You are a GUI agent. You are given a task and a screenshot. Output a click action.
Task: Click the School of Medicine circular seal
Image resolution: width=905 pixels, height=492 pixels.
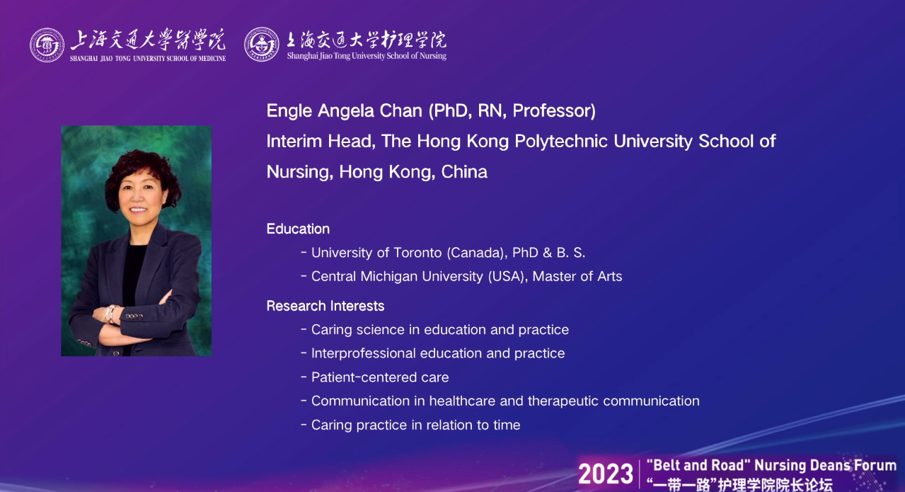point(47,45)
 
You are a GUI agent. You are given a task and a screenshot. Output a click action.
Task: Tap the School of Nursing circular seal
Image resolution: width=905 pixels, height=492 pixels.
point(261,45)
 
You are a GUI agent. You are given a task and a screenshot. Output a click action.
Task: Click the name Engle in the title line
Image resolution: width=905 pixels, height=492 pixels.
point(289,111)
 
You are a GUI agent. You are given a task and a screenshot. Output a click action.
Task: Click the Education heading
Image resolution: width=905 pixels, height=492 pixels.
point(298,229)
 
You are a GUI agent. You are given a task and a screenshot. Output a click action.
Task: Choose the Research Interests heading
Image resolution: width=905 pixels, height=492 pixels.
point(325,306)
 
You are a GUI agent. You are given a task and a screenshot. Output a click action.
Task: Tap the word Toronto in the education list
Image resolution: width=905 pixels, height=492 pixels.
point(417,253)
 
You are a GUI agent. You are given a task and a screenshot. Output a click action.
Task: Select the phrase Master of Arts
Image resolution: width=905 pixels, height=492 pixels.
point(577,277)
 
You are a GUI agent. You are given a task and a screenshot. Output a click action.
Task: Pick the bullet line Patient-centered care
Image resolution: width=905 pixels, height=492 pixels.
point(375,377)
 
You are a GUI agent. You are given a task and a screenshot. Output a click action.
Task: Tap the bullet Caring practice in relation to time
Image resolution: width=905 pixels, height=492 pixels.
point(411,425)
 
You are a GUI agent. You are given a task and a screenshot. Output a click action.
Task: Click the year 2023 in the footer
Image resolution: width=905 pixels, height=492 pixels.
point(606,474)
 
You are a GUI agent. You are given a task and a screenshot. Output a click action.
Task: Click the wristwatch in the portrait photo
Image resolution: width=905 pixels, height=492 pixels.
point(110,314)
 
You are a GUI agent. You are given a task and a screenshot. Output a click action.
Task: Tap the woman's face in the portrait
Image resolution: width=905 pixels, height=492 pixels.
point(139,193)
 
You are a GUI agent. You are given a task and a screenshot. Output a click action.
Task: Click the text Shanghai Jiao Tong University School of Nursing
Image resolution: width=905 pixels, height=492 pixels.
point(367,56)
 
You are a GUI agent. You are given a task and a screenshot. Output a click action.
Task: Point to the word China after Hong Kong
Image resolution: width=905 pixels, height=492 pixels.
point(464,172)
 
